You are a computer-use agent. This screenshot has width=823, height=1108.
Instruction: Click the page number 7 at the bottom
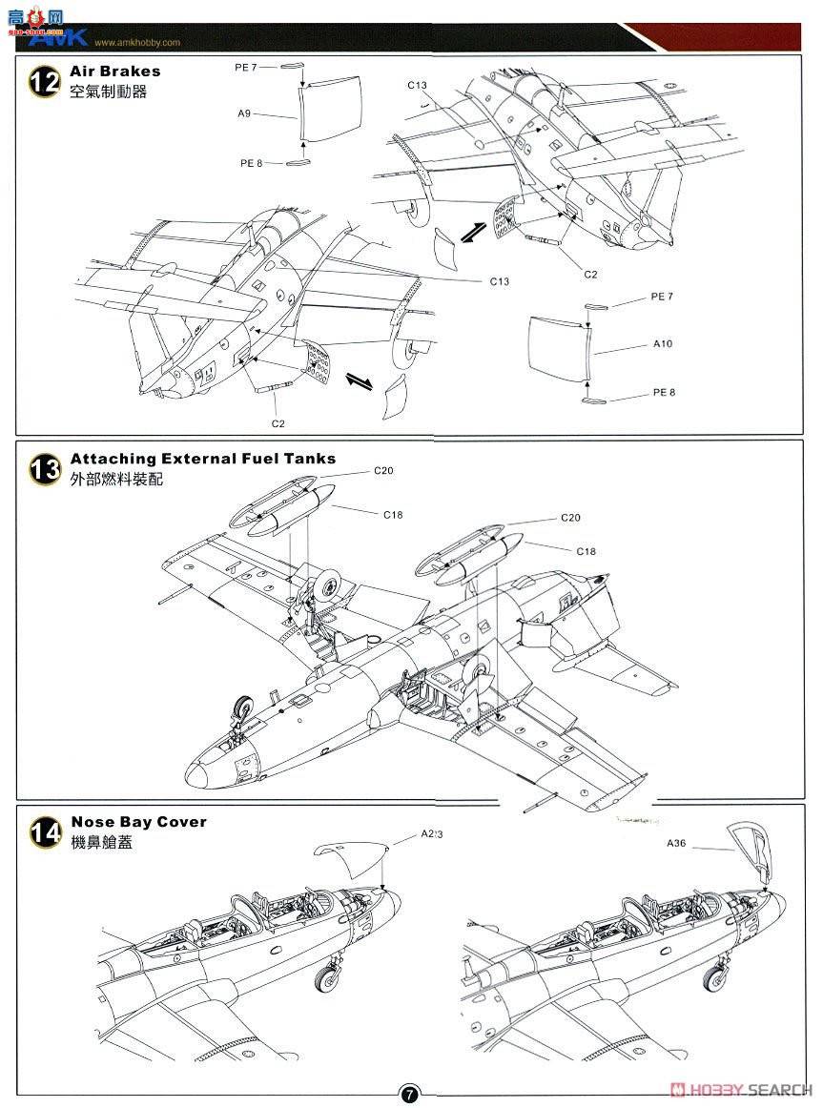coord(410,1095)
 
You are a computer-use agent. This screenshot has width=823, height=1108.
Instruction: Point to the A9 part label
coord(245,113)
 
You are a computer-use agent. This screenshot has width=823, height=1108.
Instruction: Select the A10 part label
coord(663,343)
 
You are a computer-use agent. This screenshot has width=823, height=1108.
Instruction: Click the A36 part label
coord(677,843)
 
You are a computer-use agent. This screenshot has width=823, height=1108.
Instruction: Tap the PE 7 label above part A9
coord(246,67)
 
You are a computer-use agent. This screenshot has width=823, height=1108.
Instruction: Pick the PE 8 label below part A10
coord(664,392)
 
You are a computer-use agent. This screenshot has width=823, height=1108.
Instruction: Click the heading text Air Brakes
coord(115,72)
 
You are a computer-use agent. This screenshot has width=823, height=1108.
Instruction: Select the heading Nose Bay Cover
coord(138,822)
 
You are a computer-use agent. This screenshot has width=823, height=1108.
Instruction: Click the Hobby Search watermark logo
coord(741,1091)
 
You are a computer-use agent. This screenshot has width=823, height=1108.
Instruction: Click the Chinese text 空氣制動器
coord(109,92)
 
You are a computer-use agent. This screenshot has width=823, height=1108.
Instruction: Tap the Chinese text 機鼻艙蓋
coord(102,843)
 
